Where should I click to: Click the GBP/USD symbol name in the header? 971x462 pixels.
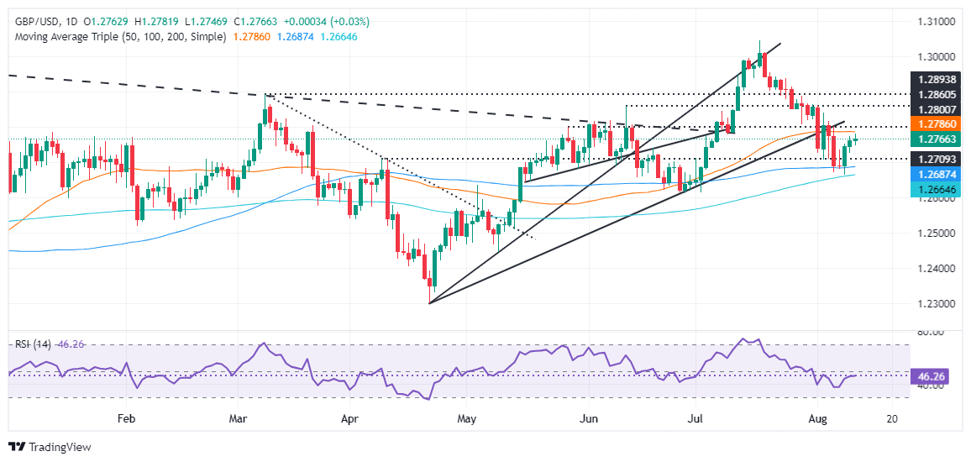[35, 21]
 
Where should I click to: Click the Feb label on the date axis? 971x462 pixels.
[126, 417]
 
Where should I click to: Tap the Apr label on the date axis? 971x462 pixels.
[349, 417]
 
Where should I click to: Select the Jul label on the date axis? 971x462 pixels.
[695, 417]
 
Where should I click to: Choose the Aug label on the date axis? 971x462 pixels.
[813, 417]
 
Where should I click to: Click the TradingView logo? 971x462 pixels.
[50, 447]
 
